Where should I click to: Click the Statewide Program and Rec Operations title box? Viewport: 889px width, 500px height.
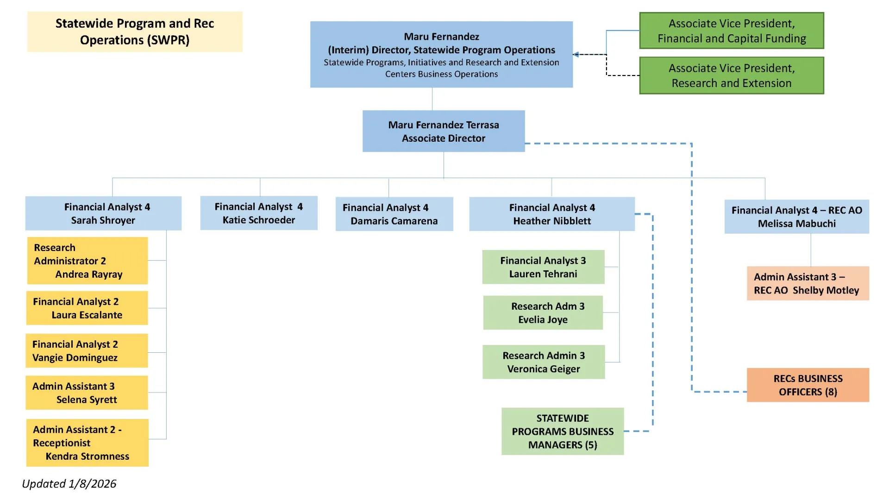134,31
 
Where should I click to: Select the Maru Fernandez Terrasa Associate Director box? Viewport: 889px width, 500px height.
443,131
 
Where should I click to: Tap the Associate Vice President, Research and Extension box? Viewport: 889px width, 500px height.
731,75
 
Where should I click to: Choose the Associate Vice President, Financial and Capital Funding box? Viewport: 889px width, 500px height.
731,31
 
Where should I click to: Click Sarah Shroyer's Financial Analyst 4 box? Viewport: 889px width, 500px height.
103,213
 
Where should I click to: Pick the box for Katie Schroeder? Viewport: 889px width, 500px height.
258,213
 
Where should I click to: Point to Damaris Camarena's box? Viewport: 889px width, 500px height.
394,214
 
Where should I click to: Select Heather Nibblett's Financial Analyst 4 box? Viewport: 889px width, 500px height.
551,214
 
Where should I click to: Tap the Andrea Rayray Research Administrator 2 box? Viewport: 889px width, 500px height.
87,261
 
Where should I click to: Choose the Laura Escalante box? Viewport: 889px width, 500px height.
87,308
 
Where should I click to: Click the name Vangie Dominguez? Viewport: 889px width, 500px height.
75,358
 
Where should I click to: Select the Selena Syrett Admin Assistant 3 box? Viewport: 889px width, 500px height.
87,393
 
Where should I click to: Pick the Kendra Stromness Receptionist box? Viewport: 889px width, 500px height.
87,443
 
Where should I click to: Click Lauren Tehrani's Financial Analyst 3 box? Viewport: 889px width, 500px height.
543,267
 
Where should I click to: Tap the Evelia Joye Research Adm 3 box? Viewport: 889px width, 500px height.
543,313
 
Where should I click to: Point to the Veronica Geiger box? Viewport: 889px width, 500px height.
543,362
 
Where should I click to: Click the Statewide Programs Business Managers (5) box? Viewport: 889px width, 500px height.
562,431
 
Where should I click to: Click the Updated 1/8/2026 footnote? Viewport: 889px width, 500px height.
69,484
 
